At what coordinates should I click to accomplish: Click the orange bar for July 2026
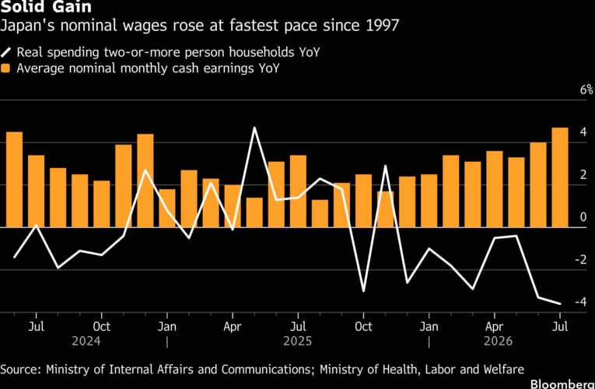click(x=560, y=177)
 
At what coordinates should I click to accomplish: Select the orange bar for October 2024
click(x=101, y=204)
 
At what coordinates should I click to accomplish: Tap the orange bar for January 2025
click(x=167, y=208)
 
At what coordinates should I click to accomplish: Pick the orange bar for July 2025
click(x=298, y=191)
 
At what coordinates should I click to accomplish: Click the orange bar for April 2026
click(x=495, y=189)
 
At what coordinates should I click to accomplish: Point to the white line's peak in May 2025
click(x=254, y=128)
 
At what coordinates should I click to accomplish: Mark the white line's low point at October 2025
click(x=363, y=291)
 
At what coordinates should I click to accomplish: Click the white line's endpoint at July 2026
click(x=560, y=303)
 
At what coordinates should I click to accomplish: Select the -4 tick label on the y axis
click(x=581, y=302)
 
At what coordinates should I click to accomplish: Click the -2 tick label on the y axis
click(x=581, y=260)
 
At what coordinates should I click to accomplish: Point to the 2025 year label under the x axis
click(x=298, y=341)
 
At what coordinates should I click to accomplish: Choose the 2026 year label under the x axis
click(x=498, y=341)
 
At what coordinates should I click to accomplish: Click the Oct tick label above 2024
click(x=101, y=327)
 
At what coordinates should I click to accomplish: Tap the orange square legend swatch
click(x=5, y=68)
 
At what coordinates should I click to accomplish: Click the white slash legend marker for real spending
click(x=5, y=52)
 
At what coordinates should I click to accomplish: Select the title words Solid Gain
click(x=46, y=7)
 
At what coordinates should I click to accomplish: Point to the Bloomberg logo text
click(x=562, y=384)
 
